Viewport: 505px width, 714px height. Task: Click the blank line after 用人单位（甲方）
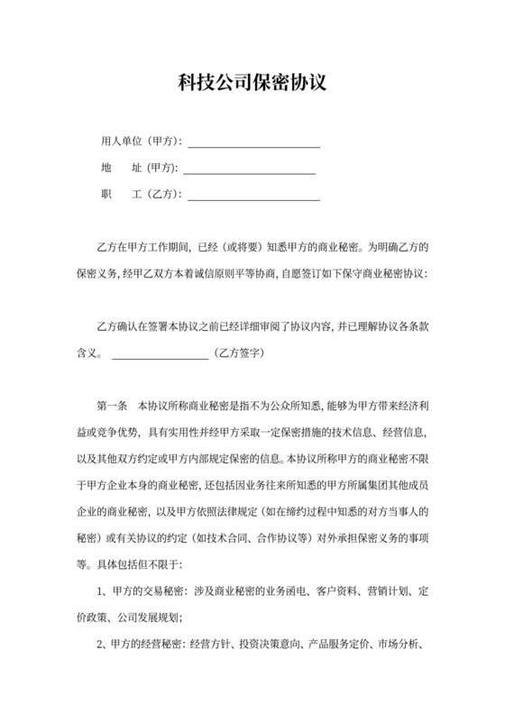point(253,143)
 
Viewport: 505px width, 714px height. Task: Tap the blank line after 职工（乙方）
point(253,194)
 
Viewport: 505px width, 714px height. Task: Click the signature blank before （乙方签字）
point(159,355)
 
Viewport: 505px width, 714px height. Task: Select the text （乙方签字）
point(236,354)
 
